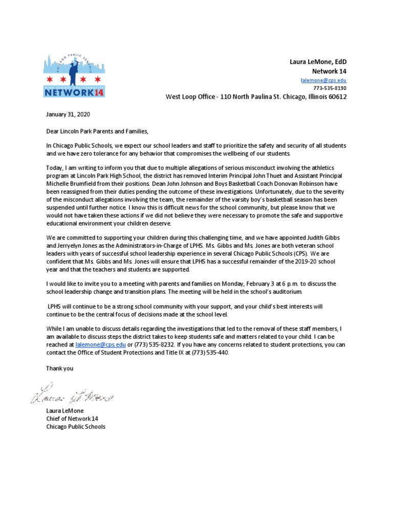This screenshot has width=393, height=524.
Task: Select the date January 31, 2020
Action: point(68,115)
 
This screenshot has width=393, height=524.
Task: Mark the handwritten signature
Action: point(74,396)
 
